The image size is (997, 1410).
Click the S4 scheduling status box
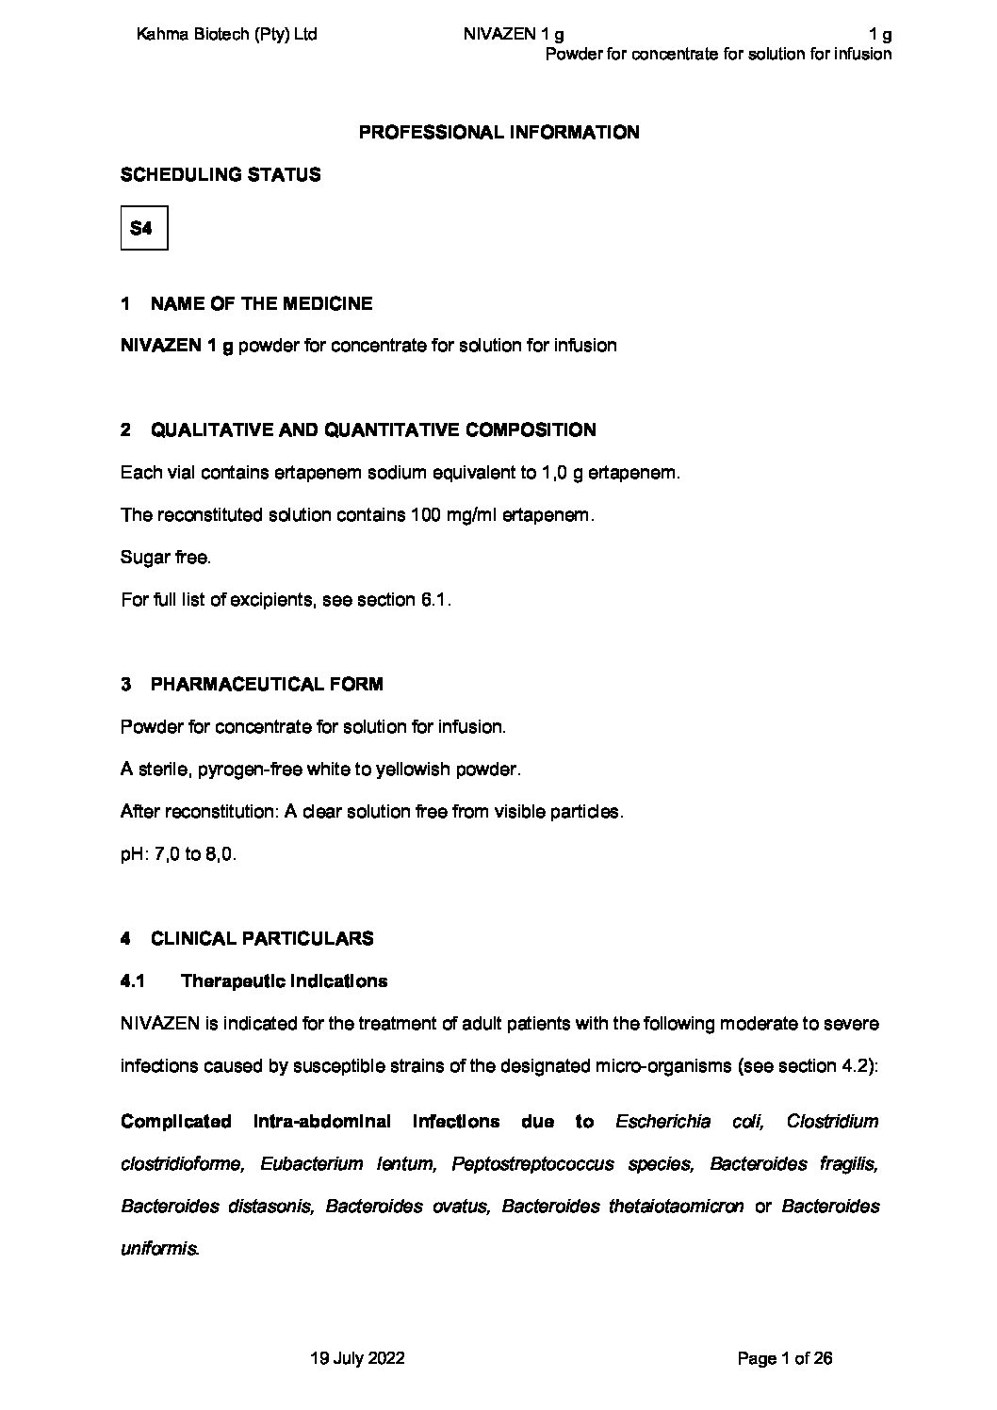click(x=143, y=228)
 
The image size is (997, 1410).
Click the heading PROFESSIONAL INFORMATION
click(x=498, y=133)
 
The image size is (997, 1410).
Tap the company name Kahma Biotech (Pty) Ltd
click(x=226, y=35)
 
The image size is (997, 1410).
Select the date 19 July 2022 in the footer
click(x=357, y=1358)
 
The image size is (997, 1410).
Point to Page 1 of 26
click(x=785, y=1358)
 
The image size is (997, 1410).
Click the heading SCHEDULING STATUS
click(x=221, y=175)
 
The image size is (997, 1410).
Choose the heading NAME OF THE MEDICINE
click(x=261, y=303)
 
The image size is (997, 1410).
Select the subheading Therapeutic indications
click(x=284, y=981)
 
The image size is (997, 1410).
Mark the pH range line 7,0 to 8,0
click(x=178, y=855)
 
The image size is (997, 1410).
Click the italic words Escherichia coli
click(x=689, y=1122)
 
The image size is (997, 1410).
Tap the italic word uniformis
click(x=159, y=1250)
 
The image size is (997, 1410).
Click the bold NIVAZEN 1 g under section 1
click(x=177, y=346)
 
